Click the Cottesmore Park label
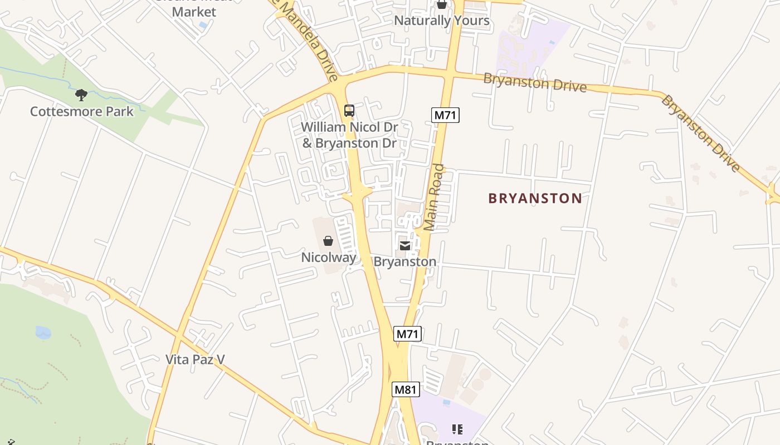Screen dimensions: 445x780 click(x=81, y=111)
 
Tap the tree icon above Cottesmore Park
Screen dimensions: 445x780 click(x=81, y=95)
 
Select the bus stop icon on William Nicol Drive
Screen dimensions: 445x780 click(x=349, y=111)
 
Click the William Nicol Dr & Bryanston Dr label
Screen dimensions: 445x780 click(x=349, y=135)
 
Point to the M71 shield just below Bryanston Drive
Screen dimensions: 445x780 click(x=446, y=115)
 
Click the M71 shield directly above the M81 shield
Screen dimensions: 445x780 click(x=408, y=334)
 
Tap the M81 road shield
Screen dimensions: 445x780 click(x=406, y=389)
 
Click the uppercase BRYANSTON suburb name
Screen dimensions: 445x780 click(x=535, y=198)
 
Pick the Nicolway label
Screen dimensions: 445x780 click(x=329, y=258)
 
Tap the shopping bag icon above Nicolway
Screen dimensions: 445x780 click(x=328, y=241)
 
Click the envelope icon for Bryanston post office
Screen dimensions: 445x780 click(x=405, y=245)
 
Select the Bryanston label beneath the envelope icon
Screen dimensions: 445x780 click(x=405, y=261)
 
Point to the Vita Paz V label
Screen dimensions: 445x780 click(x=195, y=359)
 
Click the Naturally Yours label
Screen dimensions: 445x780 click(x=442, y=21)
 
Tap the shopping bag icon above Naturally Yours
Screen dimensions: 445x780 click(x=442, y=4)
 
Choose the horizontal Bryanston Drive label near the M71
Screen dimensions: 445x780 click(x=535, y=82)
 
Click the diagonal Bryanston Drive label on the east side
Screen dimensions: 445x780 click(x=701, y=133)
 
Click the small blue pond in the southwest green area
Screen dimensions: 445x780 click(x=43, y=333)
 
